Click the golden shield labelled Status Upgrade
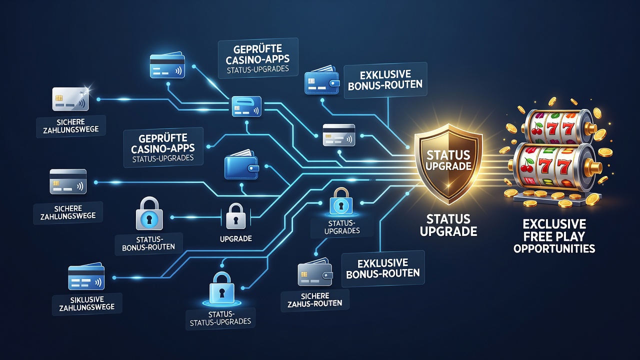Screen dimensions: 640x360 click(448, 163)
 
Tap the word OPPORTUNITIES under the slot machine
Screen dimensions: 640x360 click(554, 248)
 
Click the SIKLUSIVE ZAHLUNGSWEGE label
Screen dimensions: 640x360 click(87, 303)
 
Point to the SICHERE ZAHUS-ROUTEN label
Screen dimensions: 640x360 click(315, 299)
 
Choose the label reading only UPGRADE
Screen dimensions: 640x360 click(235, 238)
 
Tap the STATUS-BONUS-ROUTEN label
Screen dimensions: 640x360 click(148, 243)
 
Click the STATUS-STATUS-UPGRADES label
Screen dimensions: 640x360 click(220, 318)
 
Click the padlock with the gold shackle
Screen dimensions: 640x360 click(341, 201)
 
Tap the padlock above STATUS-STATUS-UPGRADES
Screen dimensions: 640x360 click(221, 288)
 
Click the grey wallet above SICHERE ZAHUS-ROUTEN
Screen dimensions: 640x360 click(315, 271)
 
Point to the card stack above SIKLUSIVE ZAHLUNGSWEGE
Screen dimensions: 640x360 click(86, 276)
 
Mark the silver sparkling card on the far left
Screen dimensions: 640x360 click(70, 99)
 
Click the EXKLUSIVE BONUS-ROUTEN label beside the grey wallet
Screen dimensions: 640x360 click(383, 268)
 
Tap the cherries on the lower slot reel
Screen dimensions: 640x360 click(526, 165)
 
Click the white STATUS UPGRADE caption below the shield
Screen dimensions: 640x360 click(448, 225)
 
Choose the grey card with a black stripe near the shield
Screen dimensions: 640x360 click(339, 135)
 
